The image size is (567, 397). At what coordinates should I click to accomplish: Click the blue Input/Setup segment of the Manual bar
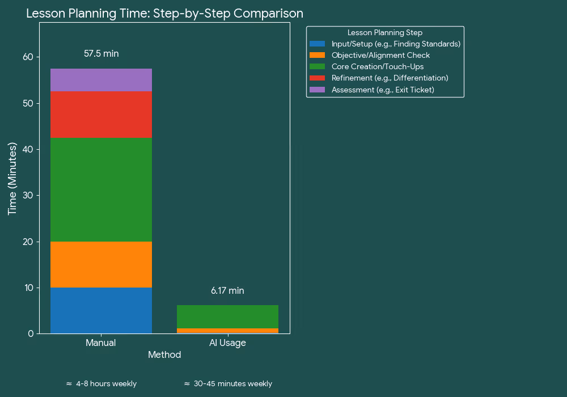point(101,310)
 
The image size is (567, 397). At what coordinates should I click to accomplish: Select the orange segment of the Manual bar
point(101,264)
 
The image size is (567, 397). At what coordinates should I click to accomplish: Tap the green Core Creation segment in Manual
point(101,190)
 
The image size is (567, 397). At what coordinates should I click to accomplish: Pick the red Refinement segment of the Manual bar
point(101,115)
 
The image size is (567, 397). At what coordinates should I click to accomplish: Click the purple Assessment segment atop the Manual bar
point(101,80)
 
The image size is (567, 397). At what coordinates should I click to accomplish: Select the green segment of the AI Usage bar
point(227,316)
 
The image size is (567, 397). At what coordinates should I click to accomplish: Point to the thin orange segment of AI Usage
point(227,331)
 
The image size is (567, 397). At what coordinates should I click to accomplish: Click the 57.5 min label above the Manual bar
point(101,54)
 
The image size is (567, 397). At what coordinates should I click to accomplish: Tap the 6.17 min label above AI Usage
point(227,291)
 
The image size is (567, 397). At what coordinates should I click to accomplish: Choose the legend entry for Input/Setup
point(396,44)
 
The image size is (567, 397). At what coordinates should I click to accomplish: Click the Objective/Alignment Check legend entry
point(380,56)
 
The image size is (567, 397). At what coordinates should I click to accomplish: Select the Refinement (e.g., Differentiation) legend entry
point(390,78)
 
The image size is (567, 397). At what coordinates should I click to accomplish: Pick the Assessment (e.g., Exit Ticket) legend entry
point(383,90)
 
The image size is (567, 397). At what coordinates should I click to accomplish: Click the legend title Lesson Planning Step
point(385,33)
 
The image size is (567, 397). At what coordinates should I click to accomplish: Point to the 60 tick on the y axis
point(28,57)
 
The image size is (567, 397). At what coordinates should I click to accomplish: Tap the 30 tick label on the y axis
point(28,196)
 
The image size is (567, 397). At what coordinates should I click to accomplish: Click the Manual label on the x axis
point(101,343)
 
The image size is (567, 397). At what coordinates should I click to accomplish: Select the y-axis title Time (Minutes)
point(12,179)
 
